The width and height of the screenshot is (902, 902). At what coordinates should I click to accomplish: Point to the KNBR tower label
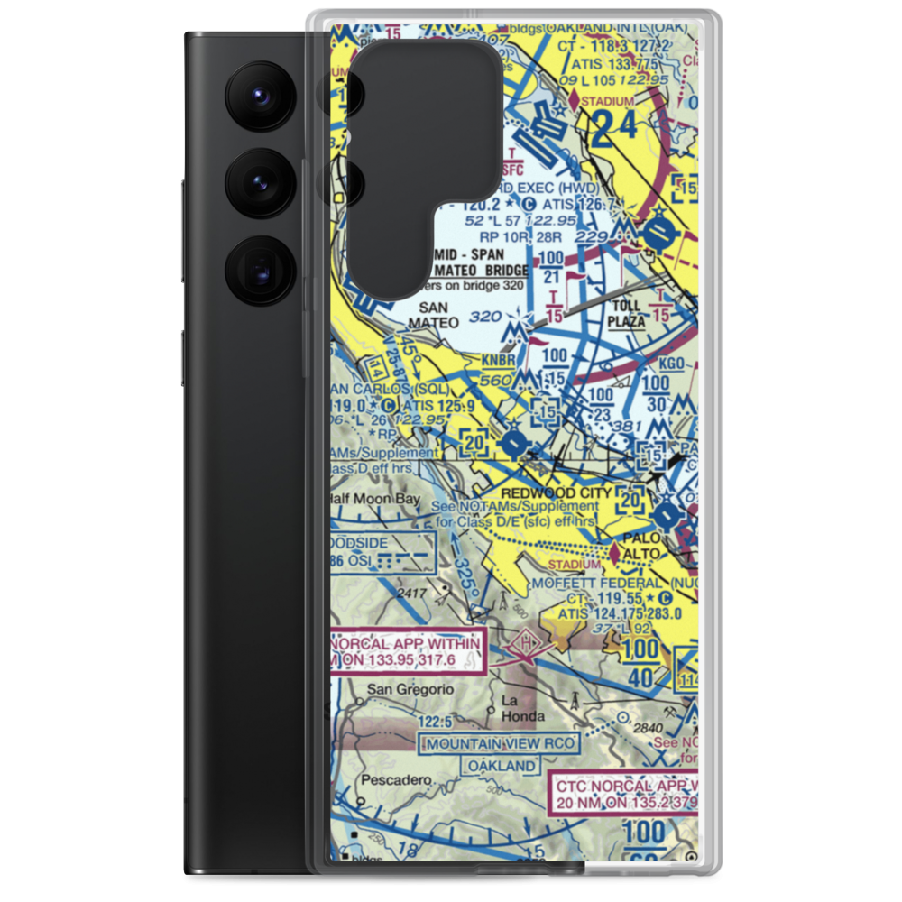tap(498, 360)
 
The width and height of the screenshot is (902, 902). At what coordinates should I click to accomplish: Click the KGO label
tap(671, 363)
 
